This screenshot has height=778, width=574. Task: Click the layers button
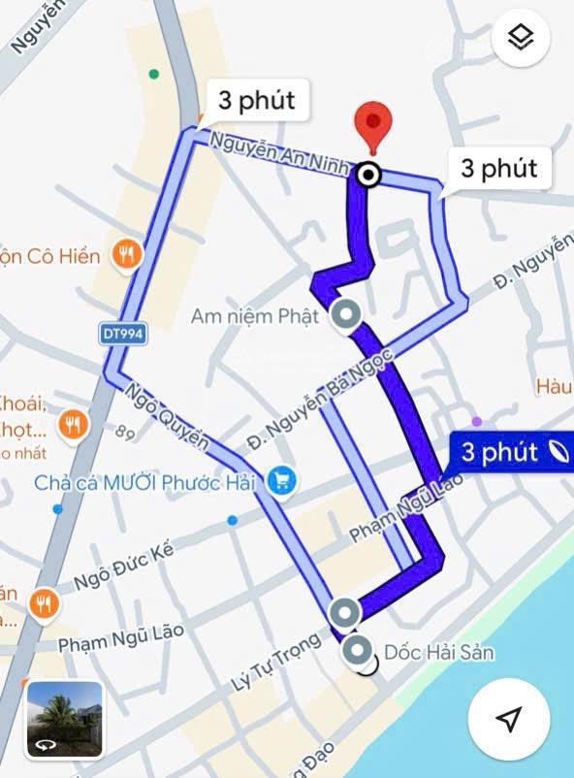click(522, 39)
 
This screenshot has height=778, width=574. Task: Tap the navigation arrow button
click(508, 718)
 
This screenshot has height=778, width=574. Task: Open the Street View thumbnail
click(65, 718)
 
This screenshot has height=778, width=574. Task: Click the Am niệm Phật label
click(255, 316)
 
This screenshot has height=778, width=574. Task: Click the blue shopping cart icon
click(283, 478)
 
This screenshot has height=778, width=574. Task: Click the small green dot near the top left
click(153, 74)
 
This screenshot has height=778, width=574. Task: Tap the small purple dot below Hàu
click(476, 421)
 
